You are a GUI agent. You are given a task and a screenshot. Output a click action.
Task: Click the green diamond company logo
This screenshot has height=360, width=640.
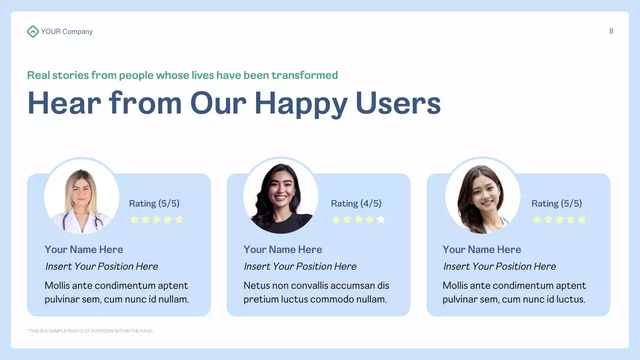[x=32, y=31]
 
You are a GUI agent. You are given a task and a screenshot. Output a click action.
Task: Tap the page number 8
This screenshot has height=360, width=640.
[x=611, y=31]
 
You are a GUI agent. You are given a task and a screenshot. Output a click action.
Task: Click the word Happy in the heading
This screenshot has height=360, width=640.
[x=300, y=103]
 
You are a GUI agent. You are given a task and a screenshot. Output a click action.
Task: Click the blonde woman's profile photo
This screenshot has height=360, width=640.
[x=81, y=196]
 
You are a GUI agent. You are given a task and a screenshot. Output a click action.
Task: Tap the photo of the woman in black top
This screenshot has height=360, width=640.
[x=280, y=196]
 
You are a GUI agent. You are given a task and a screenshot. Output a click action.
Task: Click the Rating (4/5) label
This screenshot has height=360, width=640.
[x=356, y=203]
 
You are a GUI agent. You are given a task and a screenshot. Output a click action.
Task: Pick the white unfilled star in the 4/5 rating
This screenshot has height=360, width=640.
[x=381, y=219]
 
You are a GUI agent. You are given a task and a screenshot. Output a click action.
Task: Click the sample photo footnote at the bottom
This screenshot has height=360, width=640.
[x=90, y=331]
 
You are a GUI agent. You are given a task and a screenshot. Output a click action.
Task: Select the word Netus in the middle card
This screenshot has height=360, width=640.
[x=256, y=286]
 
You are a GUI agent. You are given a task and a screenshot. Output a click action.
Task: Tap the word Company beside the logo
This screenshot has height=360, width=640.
[x=77, y=31]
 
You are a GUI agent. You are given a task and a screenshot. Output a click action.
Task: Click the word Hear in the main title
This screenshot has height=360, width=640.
[x=64, y=103]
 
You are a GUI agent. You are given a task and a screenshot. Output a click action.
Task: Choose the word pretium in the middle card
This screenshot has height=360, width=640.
[x=260, y=300]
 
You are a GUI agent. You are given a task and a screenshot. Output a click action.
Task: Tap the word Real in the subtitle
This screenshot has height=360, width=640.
[x=38, y=75]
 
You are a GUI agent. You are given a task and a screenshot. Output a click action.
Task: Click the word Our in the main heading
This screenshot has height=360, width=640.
[x=218, y=103]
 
